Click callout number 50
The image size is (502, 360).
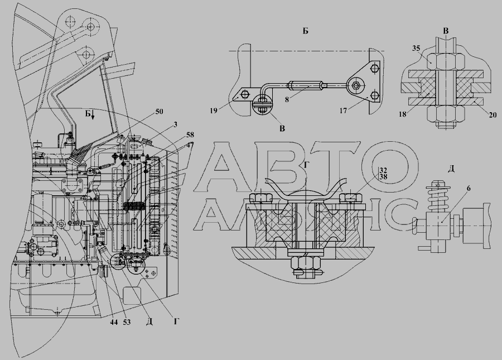(159, 112)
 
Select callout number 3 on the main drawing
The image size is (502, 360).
(176, 124)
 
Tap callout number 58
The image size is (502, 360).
(190, 135)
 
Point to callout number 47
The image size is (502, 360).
(190, 145)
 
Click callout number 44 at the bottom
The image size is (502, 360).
(114, 322)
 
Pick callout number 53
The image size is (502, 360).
(127, 322)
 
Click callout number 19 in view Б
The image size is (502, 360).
(214, 111)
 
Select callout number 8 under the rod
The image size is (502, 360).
(287, 99)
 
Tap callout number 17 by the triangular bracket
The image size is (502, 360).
(343, 111)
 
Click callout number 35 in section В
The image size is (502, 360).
(416, 49)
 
